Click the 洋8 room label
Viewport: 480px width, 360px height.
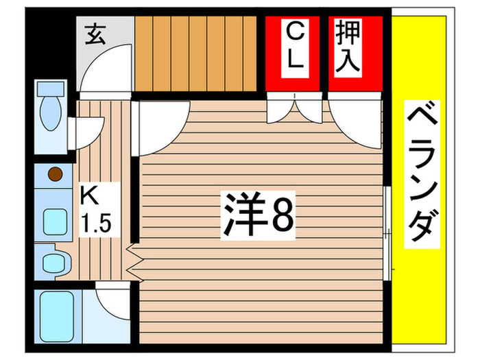258,215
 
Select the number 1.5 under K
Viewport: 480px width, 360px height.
95,223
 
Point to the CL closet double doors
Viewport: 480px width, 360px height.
293,108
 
